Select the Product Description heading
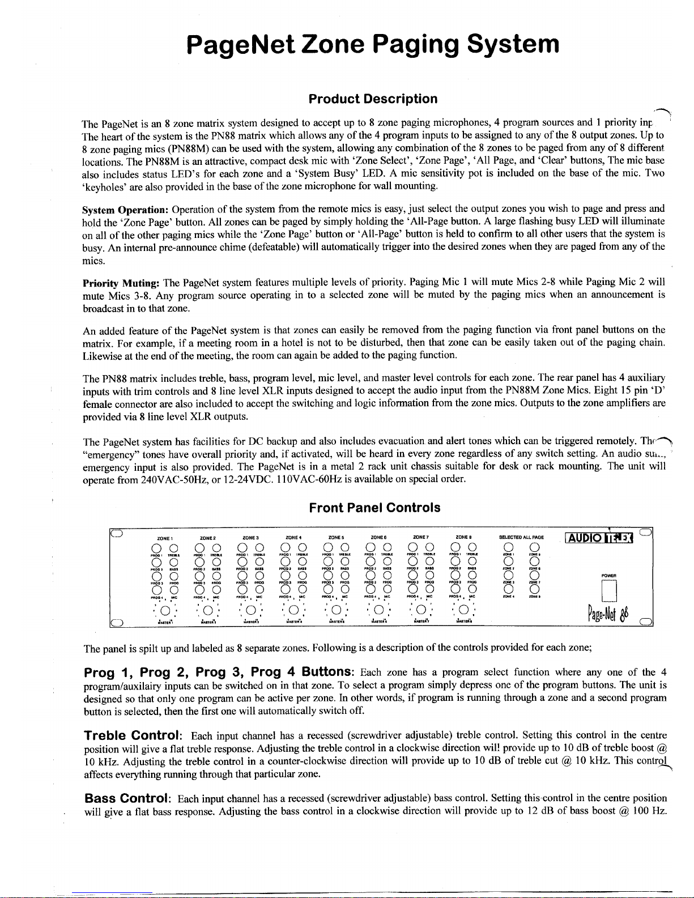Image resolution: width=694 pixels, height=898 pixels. coord(373,99)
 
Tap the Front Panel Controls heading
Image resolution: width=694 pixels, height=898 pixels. coord(374,507)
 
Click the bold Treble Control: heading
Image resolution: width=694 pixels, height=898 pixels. coord(133,736)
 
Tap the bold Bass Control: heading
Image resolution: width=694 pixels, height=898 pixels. coord(127,799)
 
